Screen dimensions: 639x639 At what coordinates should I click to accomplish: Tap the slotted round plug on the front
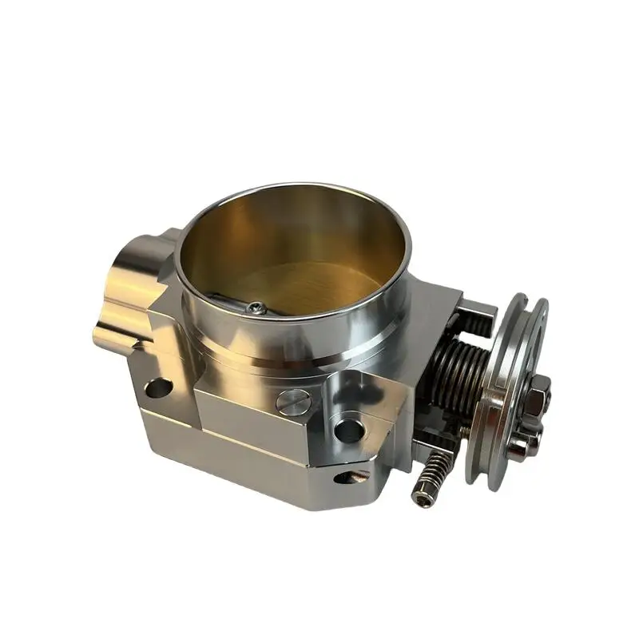[x=292, y=402]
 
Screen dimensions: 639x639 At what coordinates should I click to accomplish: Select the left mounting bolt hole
[x=158, y=389]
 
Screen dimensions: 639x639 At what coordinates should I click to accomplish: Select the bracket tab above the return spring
[x=479, y=308]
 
